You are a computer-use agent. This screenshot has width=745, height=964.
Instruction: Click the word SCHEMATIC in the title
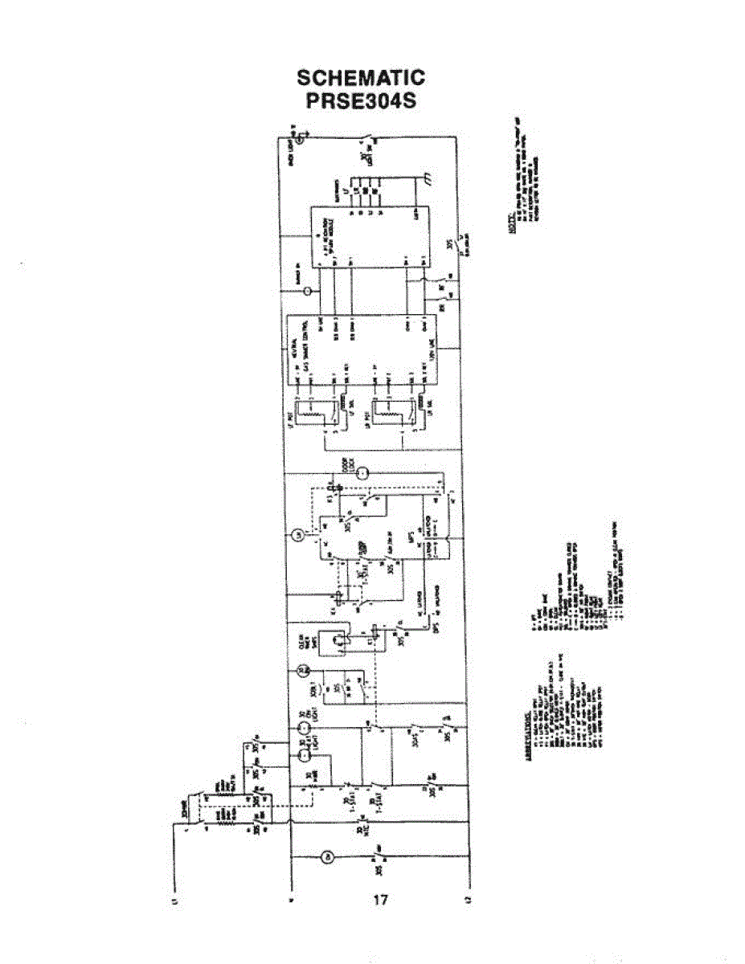pos(361,78)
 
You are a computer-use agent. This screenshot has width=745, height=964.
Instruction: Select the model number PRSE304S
pos(361,102)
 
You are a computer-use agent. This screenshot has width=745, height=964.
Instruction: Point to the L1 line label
pos(174,903)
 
